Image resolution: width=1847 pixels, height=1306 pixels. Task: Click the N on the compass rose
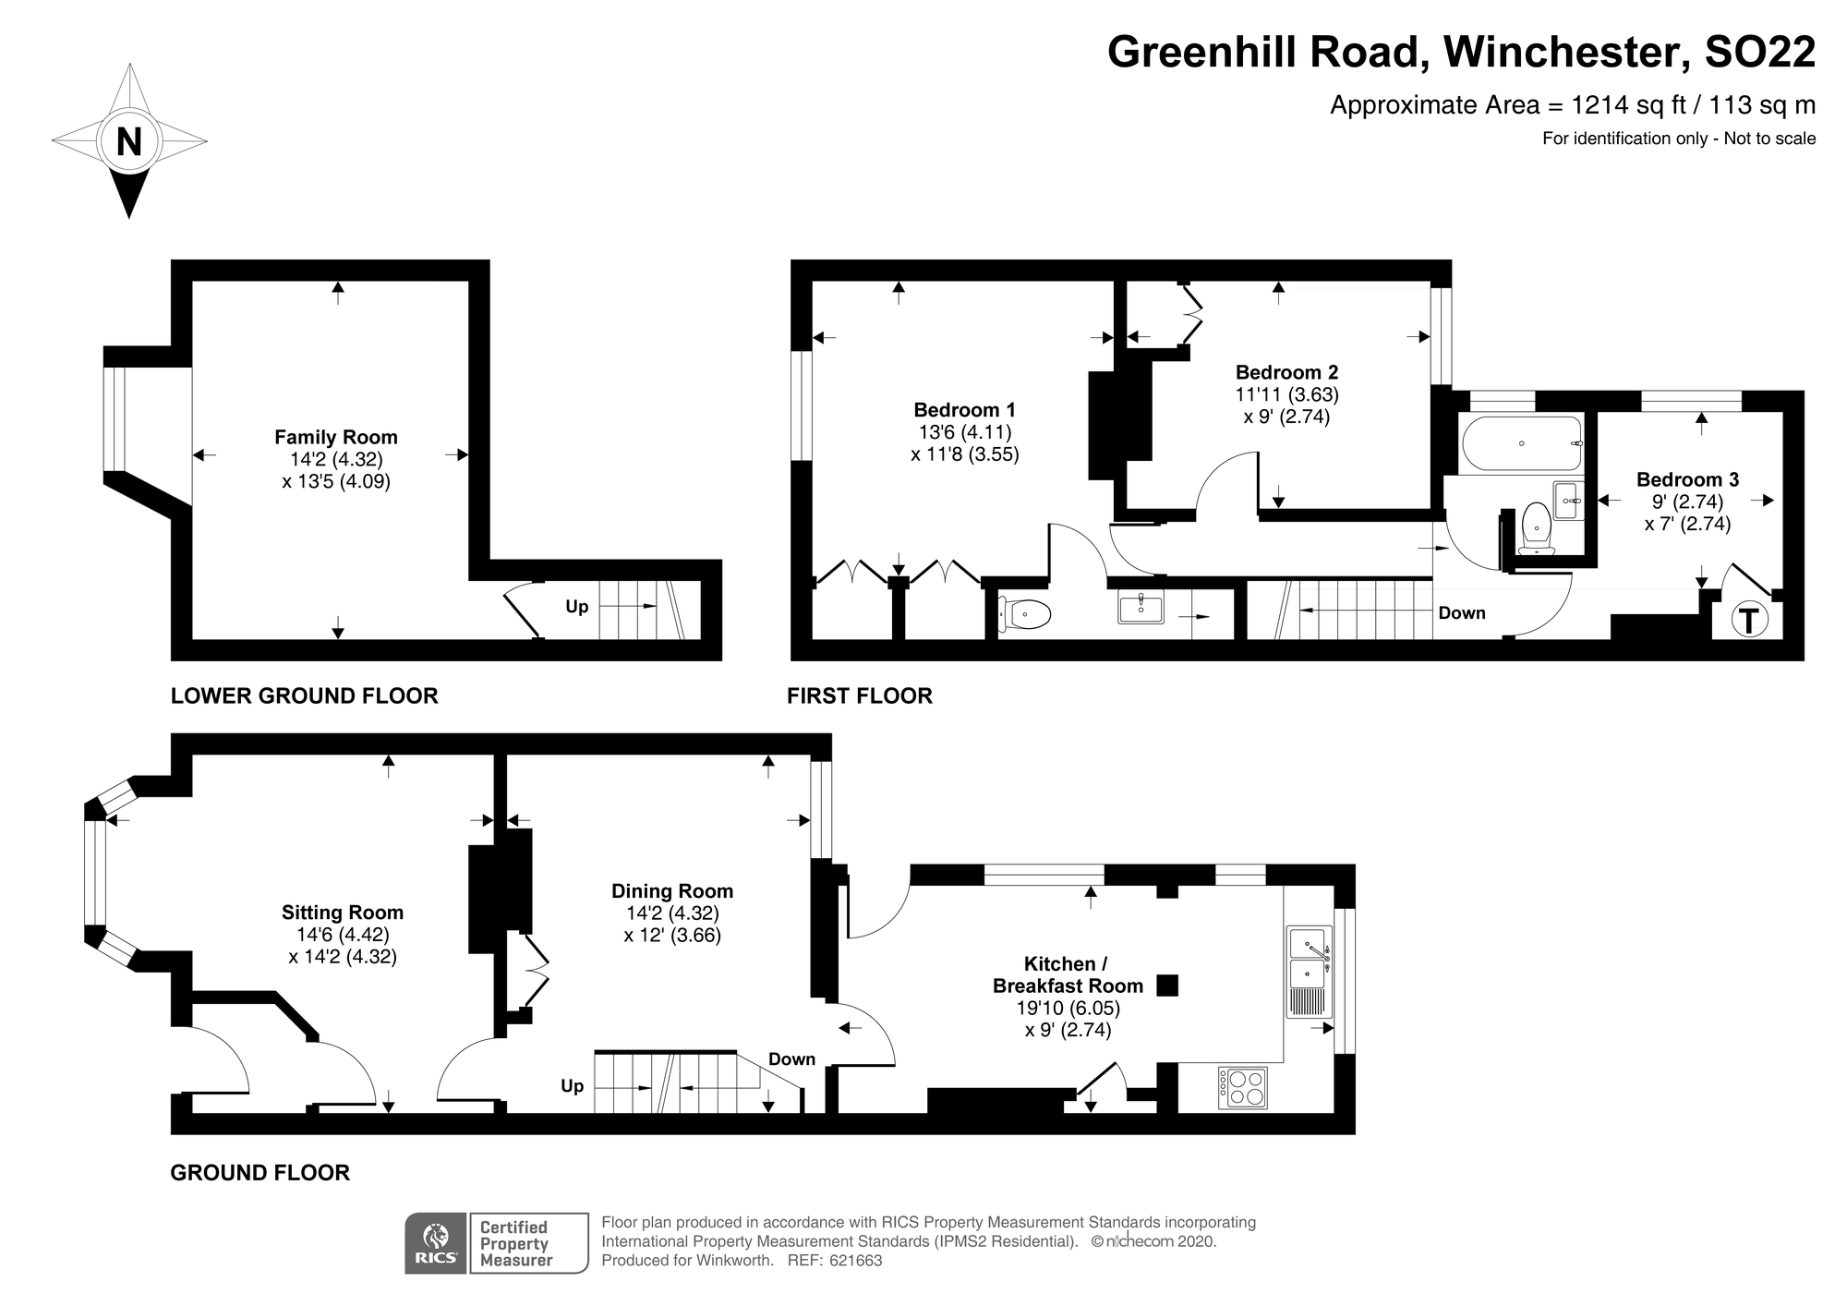[x=129, y=142]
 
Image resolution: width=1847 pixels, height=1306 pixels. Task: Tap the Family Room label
[x=336, y=437]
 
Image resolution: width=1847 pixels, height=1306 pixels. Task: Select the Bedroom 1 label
[x=964, y=409]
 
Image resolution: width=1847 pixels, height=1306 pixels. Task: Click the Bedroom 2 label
[x=1286, y=372]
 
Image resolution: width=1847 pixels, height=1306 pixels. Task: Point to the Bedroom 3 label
[x=1687, y=479]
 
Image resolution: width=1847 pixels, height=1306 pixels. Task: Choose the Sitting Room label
[x=343, y=913]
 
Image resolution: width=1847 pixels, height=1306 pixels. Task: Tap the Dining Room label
[x=672, y=891]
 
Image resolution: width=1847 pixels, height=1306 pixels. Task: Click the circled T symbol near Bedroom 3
[x=1747, y=619]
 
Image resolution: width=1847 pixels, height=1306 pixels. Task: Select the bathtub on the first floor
[x=1521, y=443]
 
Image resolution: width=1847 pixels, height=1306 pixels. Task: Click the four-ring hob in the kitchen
[x=1243, y=1087]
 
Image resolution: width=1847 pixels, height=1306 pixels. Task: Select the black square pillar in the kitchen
[x=1167, y=986]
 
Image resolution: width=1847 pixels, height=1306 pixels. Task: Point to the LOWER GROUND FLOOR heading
[x=304, y=695]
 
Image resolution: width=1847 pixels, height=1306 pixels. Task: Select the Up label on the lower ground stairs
[x=577, y=607]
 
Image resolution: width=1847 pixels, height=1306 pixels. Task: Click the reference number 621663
[x=856, y=1261]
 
